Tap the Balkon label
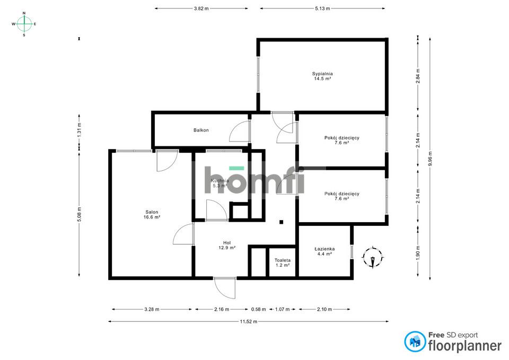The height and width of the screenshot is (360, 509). click(201, 130)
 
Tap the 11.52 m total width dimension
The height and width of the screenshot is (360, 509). click(248, 321)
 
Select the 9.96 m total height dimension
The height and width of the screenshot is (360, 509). click(430, 157)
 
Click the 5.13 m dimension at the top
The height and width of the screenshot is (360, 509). click(322, 8)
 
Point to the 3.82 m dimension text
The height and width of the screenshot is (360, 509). click(201, 8)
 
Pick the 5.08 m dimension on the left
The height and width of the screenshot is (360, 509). click(79, 214)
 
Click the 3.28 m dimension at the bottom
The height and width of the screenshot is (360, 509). click(152, 309)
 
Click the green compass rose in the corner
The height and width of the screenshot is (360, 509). click(24, 24)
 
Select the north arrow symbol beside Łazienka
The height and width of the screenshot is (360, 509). click(373, 258)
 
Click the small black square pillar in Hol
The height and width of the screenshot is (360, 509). click(282, 222)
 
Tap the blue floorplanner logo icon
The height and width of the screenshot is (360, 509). click(415, 342)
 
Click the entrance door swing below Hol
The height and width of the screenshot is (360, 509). click(224, 288)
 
